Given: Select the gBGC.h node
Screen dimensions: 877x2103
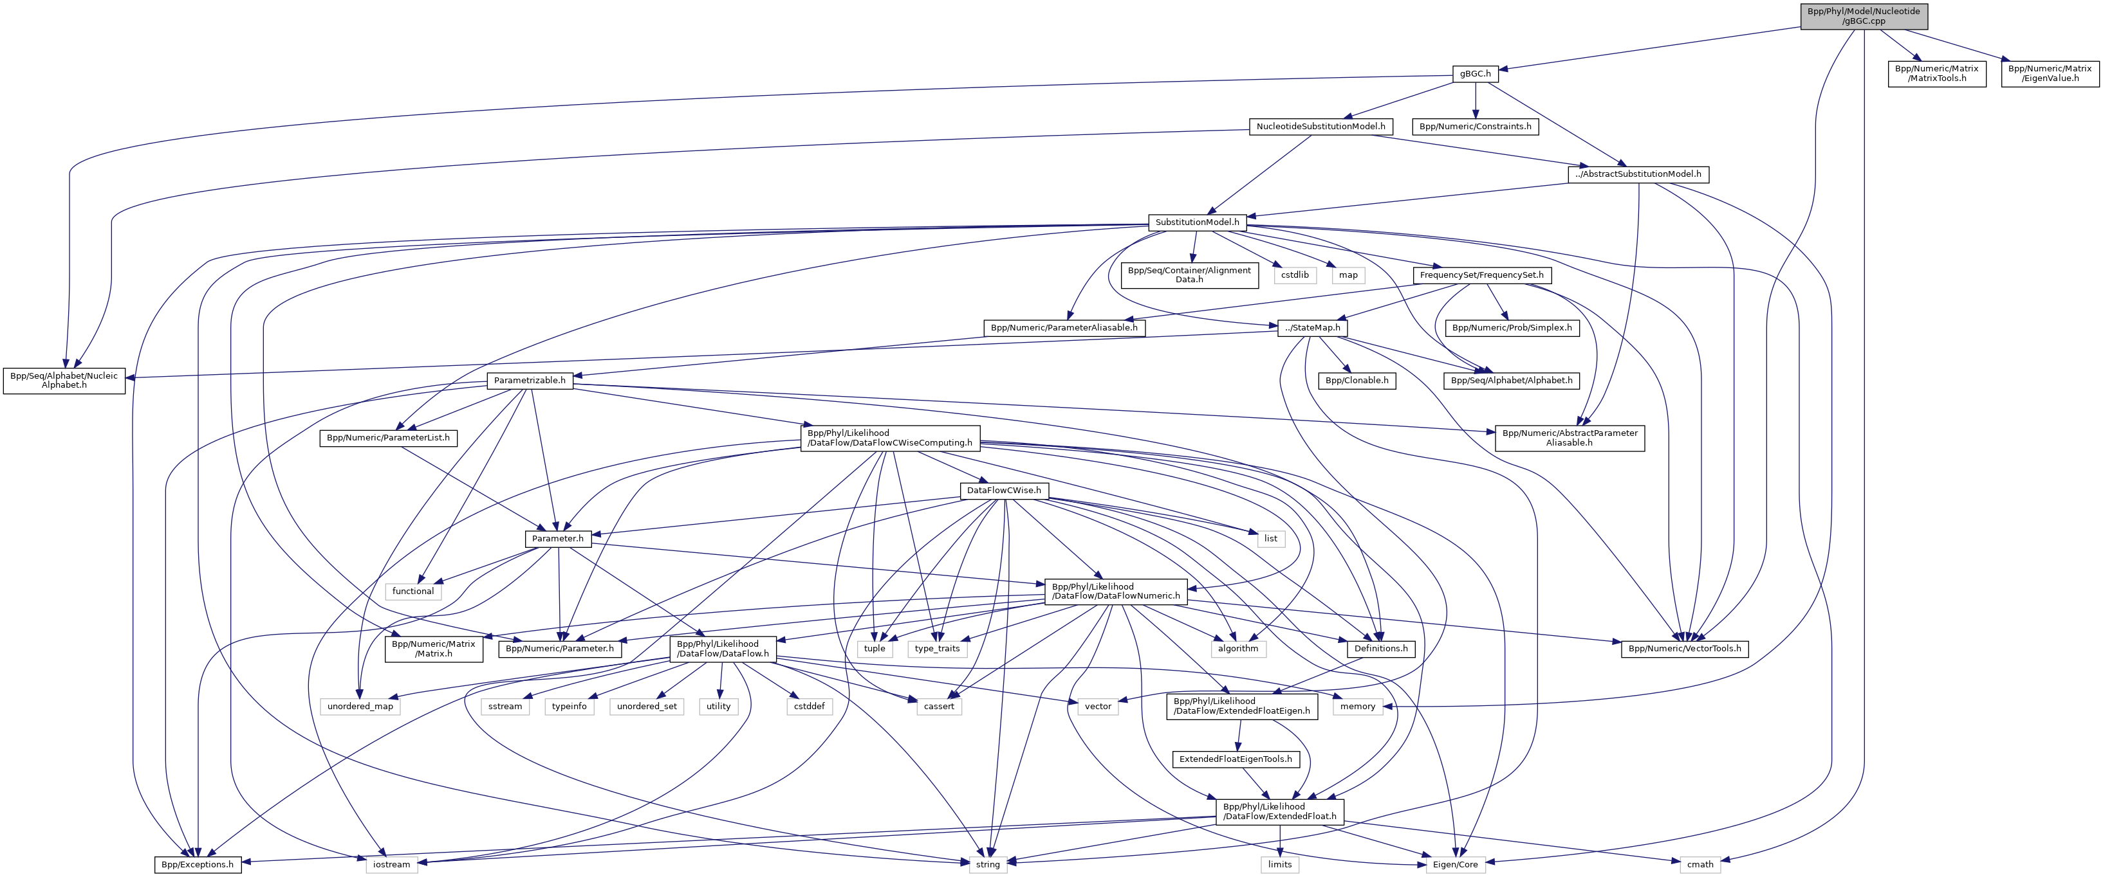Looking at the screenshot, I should pos(1475,74).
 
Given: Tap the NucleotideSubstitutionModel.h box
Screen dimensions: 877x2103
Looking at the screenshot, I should pos(1320,127).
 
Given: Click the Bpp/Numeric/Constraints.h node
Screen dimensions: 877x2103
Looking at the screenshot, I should pos(1475,127).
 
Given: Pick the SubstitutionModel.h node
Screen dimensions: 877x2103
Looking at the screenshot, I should pos(1197,222).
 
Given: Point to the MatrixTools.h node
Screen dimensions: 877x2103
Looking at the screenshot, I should pos(1936,74).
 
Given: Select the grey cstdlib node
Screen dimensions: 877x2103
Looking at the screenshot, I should pos(1294,275).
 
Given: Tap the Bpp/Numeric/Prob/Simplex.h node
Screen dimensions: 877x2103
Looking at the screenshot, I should pos(1511,328).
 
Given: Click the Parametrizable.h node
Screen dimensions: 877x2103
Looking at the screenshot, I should pos(529,380).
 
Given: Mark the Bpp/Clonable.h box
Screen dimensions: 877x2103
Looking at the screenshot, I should pos(1356,380).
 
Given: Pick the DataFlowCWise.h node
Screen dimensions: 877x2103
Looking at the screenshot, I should pos(1003,491).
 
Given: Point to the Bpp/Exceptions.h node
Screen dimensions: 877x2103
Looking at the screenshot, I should pos(198,864).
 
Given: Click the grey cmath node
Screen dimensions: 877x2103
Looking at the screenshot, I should pos(1700,864).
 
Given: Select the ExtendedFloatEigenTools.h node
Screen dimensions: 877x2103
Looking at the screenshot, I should pos(1235,759).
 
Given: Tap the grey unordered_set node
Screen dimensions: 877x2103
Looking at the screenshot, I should pos(647,706).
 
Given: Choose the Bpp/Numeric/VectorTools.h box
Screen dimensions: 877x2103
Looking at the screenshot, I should pos(1684,649).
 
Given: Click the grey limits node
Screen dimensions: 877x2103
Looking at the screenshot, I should pos(1279,864).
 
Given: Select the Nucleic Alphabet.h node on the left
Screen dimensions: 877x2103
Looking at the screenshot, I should pos(64,380).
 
